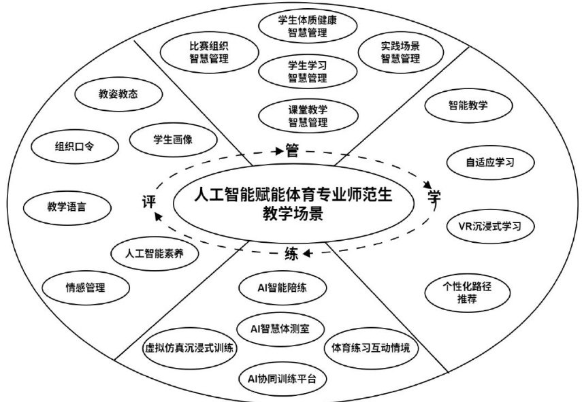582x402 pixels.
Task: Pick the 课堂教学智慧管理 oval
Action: [297, 116]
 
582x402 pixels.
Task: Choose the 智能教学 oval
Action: [468, 106]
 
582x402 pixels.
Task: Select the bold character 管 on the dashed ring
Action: [292, 151]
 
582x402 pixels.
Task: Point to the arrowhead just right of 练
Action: [307, 254]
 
